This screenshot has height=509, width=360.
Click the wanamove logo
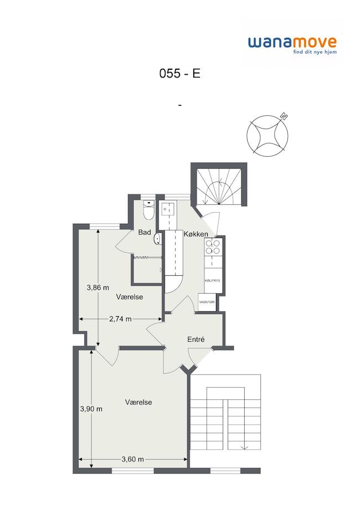(292, 45)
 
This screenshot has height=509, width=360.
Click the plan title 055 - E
(179, 74)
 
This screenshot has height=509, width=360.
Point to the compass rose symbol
(268, 136)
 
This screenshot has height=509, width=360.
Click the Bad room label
(145, 232)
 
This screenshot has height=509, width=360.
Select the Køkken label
(196, 234)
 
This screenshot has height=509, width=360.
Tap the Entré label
(196, 339)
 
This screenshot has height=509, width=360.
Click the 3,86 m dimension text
(98, 287)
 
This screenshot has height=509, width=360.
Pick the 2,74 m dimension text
(120, 319)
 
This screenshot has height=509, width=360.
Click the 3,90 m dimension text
(91, 409)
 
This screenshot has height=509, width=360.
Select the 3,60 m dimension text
(133, 459)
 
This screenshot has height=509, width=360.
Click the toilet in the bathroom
(148, 210)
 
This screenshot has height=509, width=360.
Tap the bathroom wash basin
(158, 239)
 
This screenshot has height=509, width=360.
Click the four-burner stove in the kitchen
(213, 246)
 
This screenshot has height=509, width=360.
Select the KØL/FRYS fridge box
(213, 280)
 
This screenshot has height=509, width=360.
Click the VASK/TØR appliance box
(207, 302)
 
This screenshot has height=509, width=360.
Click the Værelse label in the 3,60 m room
(138, 402)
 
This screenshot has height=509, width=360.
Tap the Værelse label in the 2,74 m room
(130, 297)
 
